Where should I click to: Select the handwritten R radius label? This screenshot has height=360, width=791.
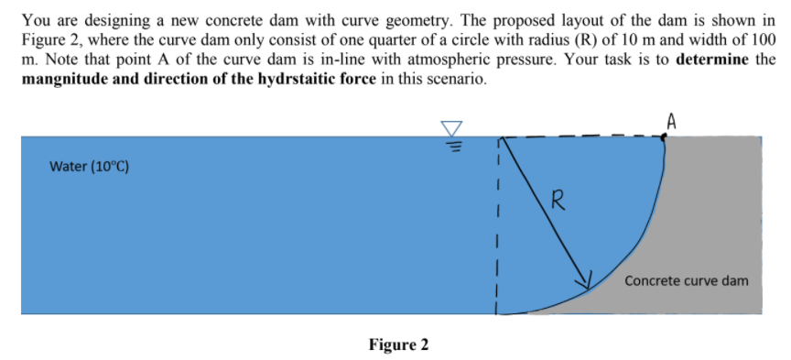click(x=556, y=198)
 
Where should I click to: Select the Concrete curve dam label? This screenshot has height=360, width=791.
click(x=686, y=280)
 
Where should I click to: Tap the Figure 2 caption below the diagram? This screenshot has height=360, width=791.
click(x=398, y=344)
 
